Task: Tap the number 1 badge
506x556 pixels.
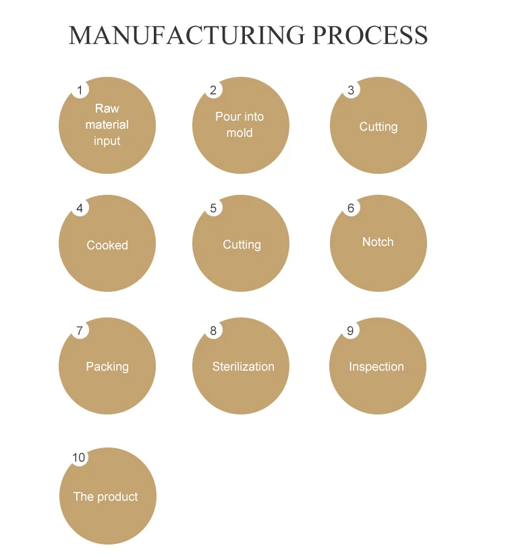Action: point(80,90)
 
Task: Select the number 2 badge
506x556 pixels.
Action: point(213,90)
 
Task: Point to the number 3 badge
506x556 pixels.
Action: point(351,90)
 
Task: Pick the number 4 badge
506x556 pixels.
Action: point(80,208)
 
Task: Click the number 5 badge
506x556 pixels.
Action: point(213,208)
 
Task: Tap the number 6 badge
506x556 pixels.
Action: point(351,208)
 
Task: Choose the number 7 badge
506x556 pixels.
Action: point(80,330)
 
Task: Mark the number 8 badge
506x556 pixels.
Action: point(213,330)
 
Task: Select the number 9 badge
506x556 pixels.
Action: point(351,330)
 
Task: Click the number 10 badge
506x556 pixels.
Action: point(79,458)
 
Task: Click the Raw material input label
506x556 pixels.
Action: point(107,125)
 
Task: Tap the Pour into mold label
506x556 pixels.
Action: point(240,125)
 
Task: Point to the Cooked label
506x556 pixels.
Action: point(107,245)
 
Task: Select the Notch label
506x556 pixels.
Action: point(378,242)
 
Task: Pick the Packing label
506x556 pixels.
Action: point(107,367)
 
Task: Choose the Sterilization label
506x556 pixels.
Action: point(243,367)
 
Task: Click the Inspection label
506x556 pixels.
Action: point(376,367)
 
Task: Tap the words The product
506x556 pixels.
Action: point(105,497)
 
